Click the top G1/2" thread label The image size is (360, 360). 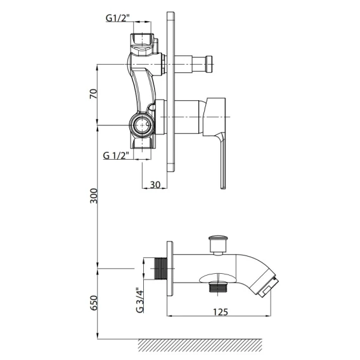click(118, 18)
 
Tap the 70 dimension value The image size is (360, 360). click(93, 94)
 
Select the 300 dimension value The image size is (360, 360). click(94, 196)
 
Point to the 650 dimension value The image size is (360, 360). click(94, 303)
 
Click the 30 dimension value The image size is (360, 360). click(155, 184)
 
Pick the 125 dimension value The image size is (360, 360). click(221, 312)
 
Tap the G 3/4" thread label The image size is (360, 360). click(139, 300)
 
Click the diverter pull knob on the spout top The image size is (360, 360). click(217, 245)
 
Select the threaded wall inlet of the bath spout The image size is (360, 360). click(161, 269)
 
